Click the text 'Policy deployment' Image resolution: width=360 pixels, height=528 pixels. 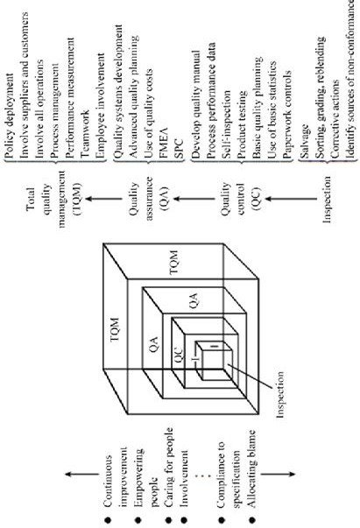(x=11, y=116)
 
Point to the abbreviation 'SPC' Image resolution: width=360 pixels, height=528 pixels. (x=179, y=148)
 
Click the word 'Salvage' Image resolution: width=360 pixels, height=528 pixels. (x=305, y=141)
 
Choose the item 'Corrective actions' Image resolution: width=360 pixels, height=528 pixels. (x=335, y=118)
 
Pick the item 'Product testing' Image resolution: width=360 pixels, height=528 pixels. (x=242, y=123)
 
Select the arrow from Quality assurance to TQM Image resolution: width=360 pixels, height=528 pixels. (x=103, y=199)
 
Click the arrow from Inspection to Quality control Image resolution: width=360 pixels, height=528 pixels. (x=291, y=199)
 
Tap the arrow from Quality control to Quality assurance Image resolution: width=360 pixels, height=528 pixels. (x=194, y=199)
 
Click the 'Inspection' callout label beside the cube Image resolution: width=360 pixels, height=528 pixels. (x=279, y=394)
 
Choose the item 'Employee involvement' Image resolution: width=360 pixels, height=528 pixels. (x=101, y=105)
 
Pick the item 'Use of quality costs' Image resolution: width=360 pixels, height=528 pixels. (x=149, y=114)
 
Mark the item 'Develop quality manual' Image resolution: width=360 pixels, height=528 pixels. (x=197, y=104)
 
